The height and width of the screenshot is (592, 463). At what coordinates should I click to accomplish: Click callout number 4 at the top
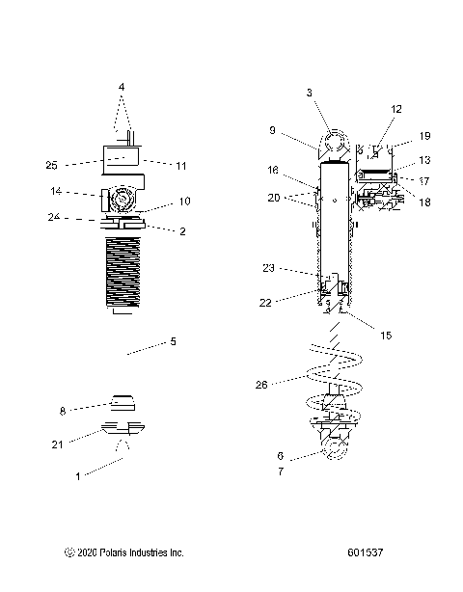tap(122, 87)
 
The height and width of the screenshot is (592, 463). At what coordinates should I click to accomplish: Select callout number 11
tap(180, 165)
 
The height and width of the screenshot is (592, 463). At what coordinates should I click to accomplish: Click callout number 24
tap(54, 217)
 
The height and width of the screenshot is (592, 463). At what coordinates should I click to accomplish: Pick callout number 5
tap(174, 340)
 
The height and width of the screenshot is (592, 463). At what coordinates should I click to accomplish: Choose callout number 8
tap(62, 411)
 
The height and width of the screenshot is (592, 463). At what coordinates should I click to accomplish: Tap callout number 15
tap(386, 336)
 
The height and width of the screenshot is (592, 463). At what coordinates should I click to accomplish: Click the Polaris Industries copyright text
tap(123, 553)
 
